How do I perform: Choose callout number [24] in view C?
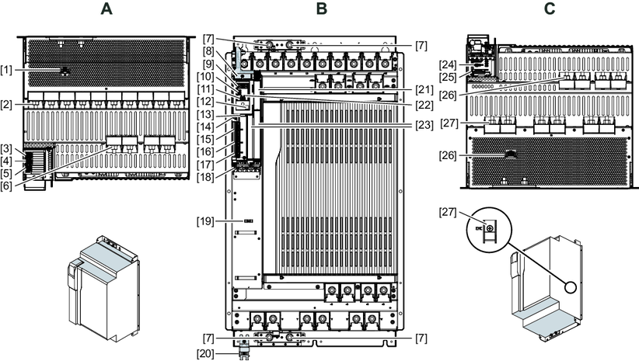pyautogui.click(x=445, y=64)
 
